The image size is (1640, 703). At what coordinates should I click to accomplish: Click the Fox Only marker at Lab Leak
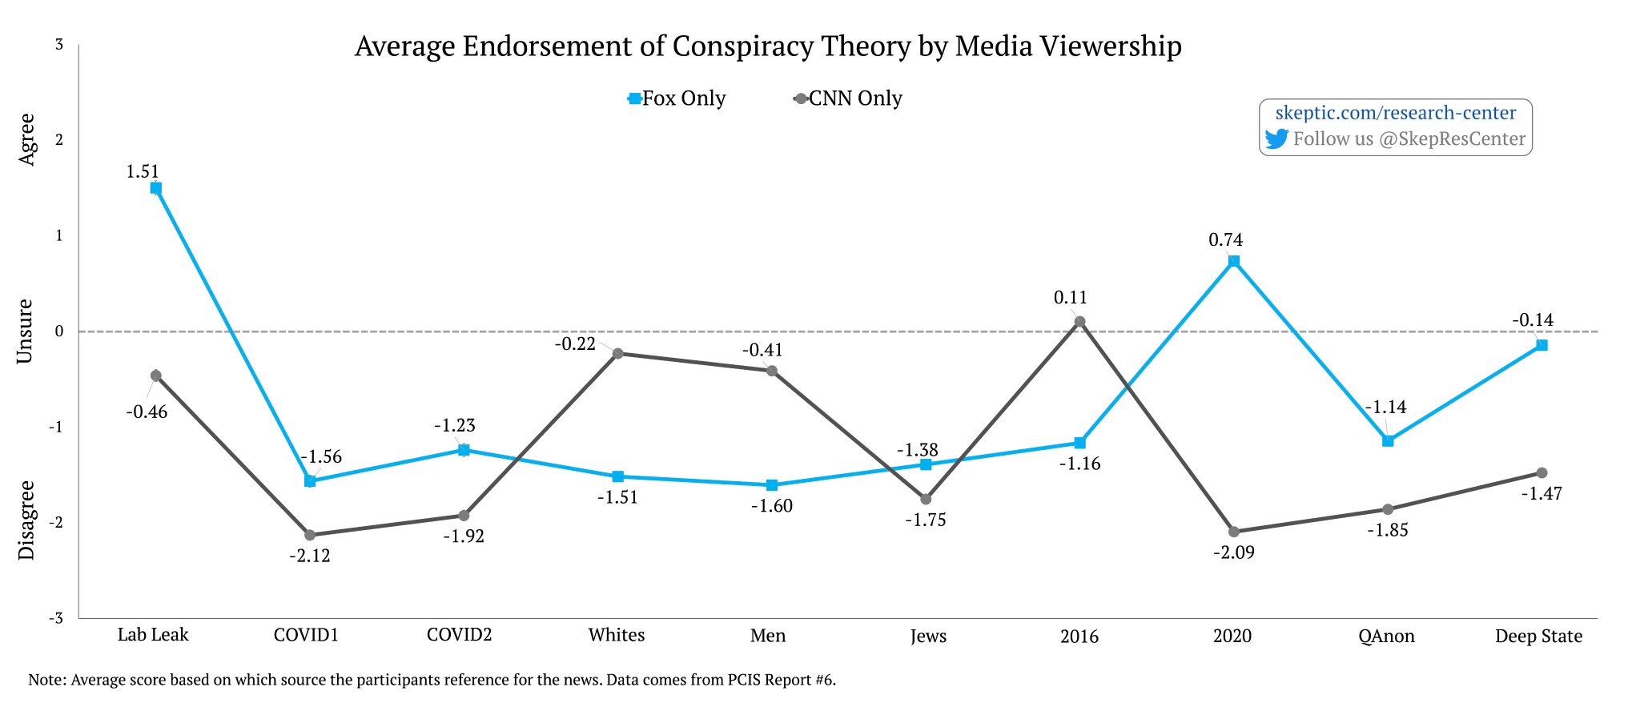click(x=156, y=188)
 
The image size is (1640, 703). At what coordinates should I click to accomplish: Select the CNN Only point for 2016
click(x=1079, y=322)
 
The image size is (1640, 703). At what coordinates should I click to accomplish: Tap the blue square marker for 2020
click(x=1234, y=261)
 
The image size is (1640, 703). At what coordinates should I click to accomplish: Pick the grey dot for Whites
click(x=617, y=353)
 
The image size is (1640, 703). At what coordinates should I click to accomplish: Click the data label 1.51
click(x=143, y=171)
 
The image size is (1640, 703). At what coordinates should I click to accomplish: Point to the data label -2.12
click(x=310, y=556)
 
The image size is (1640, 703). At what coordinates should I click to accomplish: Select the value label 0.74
click(x=1225, y=239)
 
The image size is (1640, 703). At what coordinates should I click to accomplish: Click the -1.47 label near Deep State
click(x=1542, y=494)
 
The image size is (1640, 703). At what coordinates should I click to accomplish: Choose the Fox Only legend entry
click(x=677, y=98)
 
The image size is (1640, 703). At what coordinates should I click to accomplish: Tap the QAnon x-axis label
click(x=1386, y=637)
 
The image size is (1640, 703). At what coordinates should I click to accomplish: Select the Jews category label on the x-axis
click(x=928, y=637)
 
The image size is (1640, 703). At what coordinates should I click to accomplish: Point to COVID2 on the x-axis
click(x=459, y=635)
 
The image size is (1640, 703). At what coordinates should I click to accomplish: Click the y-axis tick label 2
click(x=59, y=140)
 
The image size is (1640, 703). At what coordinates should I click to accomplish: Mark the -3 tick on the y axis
click(x=56, y=618)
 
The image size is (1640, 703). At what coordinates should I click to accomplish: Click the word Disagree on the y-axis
click(x=26, y=520)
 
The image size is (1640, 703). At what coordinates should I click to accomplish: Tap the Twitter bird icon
click(x=1276, y=139)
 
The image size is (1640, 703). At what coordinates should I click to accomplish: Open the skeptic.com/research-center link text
click(x=1395, y=113)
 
